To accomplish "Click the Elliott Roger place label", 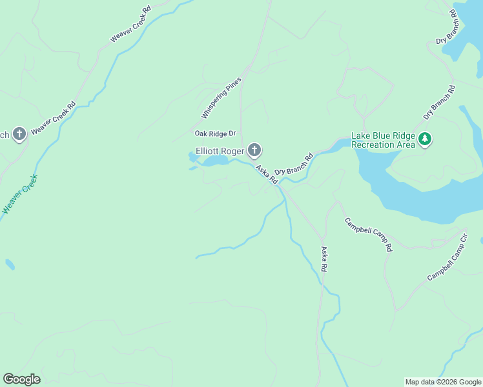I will [x=220, y=152].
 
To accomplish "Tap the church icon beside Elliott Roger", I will [x=254, y=151].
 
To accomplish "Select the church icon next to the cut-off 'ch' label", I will [x=19, y=134].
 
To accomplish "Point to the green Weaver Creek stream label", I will [x=19, y=194].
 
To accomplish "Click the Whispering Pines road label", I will [x=221, y=98].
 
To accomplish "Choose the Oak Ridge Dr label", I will [x=216, y=134].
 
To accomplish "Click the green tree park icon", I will [x=425, y=139].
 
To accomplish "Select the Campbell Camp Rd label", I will [x=368, y=234].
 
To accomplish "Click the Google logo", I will [x=21, y=379].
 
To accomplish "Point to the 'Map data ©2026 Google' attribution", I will [x=443, y=382].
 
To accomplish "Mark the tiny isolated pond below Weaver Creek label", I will [x=9, y=264].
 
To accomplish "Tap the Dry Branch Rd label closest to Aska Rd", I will [x=294, y=164].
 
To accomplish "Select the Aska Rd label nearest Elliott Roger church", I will [x=267, y=175].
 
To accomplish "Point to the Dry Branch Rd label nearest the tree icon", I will [x=439, y=103].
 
